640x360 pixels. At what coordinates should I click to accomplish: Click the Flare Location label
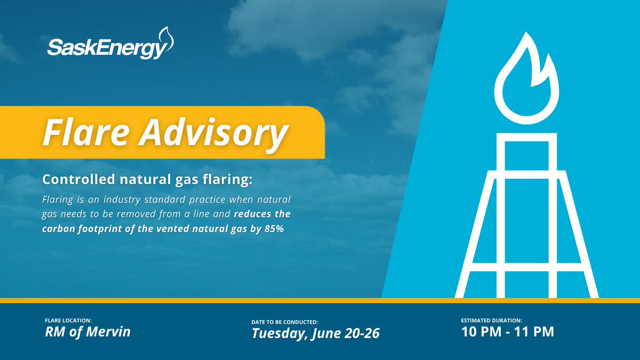[x=68, y=321]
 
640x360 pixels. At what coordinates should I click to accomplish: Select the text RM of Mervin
[x=87, y=332]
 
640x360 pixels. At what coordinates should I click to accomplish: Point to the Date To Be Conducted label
[x=285, y=323]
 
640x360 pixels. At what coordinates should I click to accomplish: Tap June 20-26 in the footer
[x=351, y=334]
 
